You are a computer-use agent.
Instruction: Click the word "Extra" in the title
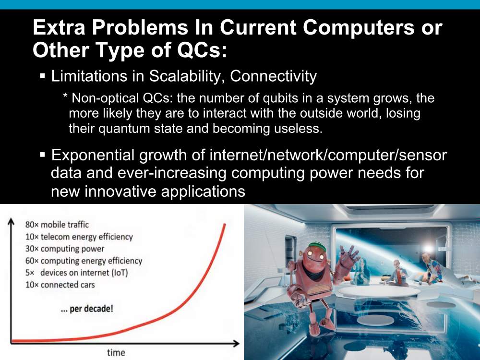click(x=59, y=27)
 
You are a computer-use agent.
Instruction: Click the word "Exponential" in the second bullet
click(x=93, y=156)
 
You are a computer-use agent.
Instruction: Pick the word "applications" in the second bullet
click(x=203, y=192)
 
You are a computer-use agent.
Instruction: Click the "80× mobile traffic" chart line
click(x=57, y=225)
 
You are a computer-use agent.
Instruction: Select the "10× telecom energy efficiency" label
click(x=79, y=237)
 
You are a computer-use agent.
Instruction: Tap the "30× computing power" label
click(x=65, y=249)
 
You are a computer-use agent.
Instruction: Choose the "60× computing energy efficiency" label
click(x=84, y=261)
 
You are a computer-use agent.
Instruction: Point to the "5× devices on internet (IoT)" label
click(x=76, y=273)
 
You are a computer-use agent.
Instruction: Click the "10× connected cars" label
click(x=60, y=285)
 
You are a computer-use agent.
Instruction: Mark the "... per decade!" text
click(x=87, y=309)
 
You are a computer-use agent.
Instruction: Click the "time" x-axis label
click(x=116, y=353)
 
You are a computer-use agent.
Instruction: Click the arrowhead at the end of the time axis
click(x=236, y=344)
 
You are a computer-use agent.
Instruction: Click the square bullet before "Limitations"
click(x=43, y=76)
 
